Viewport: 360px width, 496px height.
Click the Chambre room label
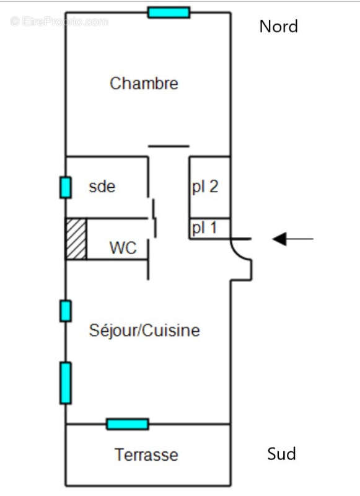pos(144,83)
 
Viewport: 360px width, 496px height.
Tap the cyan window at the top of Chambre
pos(169,12)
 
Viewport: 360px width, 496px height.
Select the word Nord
pos(278,26)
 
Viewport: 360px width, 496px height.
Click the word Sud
pos(281,454)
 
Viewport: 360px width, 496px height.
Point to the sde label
pos(102,186)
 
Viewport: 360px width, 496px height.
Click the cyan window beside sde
pos(66,187)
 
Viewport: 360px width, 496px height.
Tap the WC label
pos(122,248)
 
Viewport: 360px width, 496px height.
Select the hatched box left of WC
pos(76,239)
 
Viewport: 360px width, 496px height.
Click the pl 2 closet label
pos(204,187)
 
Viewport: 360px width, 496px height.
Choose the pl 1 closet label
pos(204,228)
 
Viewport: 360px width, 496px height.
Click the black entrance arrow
pos(292,238)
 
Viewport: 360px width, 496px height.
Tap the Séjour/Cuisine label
pos(145,330)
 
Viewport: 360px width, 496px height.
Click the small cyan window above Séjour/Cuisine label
pos(66,311)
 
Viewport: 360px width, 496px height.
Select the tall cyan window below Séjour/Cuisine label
pos(66,383)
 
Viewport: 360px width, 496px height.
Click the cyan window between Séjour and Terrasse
pos(128,424)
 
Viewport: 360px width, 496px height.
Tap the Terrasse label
pos(146,455)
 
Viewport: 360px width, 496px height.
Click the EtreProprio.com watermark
pos(59,22)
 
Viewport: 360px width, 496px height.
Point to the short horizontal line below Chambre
pos(169,146)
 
